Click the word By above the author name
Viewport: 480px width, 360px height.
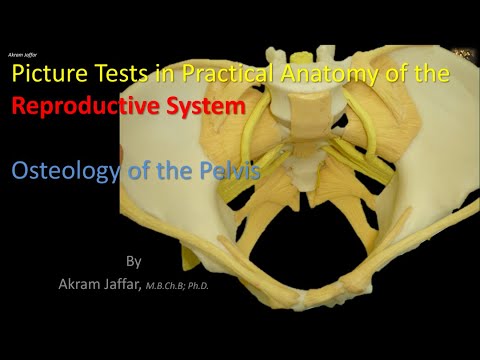click(x=134, y=261)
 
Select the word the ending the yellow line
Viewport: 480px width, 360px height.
click(x=432, y=74)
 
